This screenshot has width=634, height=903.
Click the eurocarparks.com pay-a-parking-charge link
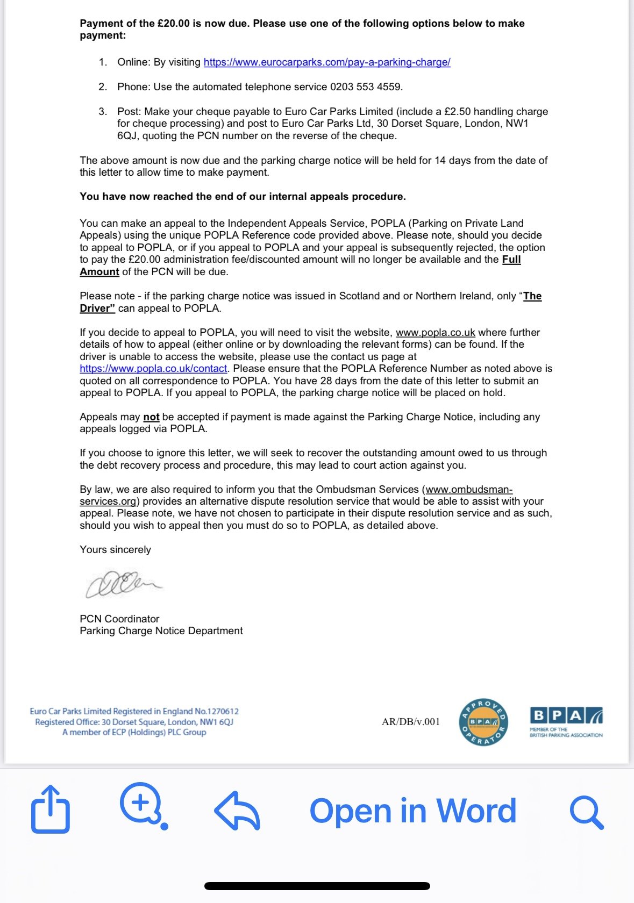point(327,62)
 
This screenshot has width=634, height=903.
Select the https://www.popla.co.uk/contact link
point(153,369)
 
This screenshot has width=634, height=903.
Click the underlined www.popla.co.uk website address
point(436,333)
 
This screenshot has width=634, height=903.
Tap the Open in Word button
point(412,811)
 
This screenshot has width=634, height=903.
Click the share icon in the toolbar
point(51,809)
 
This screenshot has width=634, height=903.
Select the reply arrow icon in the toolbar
point(237,811)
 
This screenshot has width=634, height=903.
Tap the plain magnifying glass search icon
point(587,812)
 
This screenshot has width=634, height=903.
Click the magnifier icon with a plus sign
point(141,804)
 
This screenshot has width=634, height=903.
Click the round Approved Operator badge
point(483,722)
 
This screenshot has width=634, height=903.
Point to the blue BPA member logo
point(566,722)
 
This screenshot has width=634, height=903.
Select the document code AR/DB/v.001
point(411,722)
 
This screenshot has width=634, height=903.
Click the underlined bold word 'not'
point(151,417)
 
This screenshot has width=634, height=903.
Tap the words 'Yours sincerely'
point(115,550)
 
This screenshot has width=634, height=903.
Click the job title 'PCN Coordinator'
point(119,619)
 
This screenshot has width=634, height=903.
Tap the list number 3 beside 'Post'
point(102,112)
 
